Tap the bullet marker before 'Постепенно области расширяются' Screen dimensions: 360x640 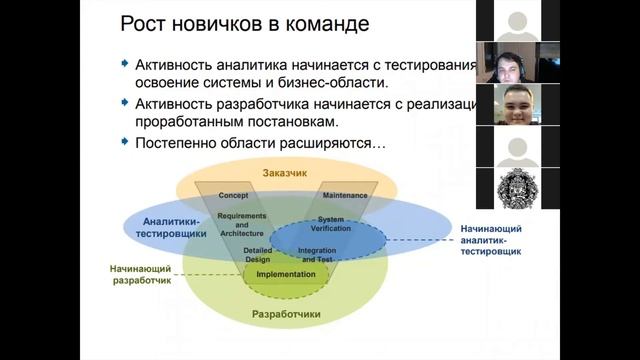click(125, 143)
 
